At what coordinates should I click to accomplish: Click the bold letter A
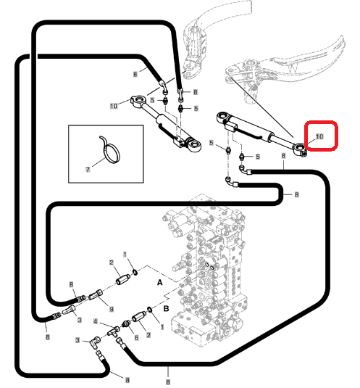tap(160, 282)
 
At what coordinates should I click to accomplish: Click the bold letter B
tap(167, 308)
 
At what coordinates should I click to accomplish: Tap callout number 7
tap(88, 170)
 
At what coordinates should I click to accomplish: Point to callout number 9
tap(112, 309)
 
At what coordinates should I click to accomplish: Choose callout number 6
tap(136, 337)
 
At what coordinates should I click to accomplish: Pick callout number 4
tap(96, 322)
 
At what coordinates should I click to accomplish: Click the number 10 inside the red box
tap(319, 136)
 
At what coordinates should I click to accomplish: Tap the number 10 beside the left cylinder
tap(114, 106)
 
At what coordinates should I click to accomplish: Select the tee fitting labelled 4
tap(114, 331)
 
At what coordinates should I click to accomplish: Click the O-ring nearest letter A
tap(135, 273)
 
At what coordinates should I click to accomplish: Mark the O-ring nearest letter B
tap(149, 309)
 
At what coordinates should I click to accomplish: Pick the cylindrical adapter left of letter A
tap(123, 279)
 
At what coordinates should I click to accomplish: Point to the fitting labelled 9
tap(96, 294)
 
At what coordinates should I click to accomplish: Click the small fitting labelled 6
tap(126, 323)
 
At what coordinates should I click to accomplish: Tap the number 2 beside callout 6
tap(148, 335)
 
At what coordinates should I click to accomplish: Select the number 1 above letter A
tap(125, 255)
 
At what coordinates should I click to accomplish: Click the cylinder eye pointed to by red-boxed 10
tap(300, 149)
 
